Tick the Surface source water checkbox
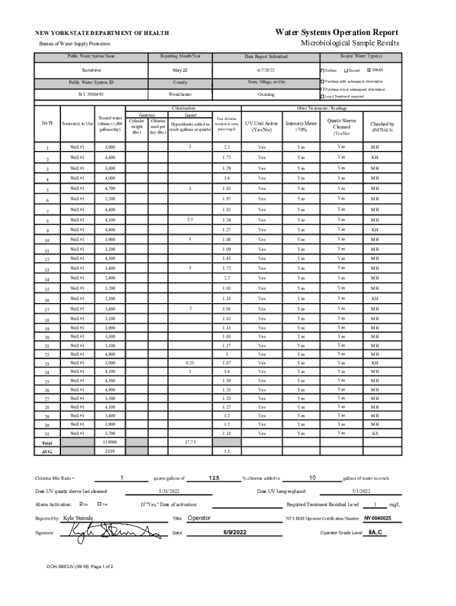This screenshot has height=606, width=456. point(322,70)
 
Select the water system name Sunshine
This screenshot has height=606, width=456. point(91,70)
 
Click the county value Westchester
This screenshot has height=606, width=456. point(180,95)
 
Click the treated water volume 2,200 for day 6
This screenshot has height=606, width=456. point(110,199)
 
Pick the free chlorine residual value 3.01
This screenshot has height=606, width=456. point(226,309)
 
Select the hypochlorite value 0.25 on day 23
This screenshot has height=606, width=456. point(190,362)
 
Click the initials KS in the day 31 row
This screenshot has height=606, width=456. point(374,433)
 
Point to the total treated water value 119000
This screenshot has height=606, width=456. point(110,442)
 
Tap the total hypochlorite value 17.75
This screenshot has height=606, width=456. point(190,442)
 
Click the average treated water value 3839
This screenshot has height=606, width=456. point(110,451)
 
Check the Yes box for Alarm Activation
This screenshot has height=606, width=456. point(99,504)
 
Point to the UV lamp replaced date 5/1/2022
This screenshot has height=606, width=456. point(361,491)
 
